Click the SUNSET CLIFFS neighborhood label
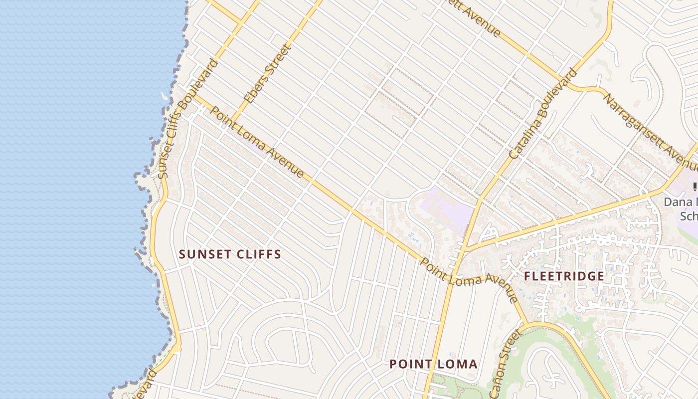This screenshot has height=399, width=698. coord(230,254)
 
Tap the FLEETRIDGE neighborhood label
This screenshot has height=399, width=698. coord(564,276)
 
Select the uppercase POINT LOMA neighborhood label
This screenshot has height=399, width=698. coord(433,364)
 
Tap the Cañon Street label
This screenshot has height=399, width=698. coord(509,356)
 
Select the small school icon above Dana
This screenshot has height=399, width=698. coord(695,187)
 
